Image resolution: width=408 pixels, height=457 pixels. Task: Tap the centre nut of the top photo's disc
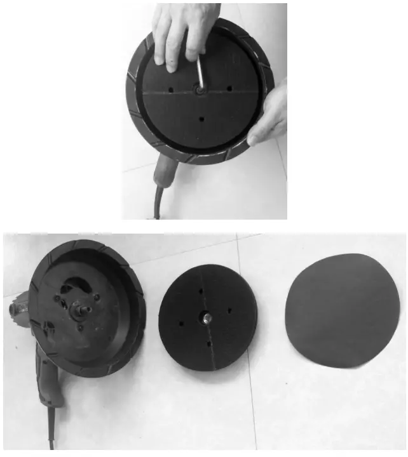click(x=201, y=91)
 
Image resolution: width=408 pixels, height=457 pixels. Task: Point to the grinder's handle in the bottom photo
click(x=48, y=374)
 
